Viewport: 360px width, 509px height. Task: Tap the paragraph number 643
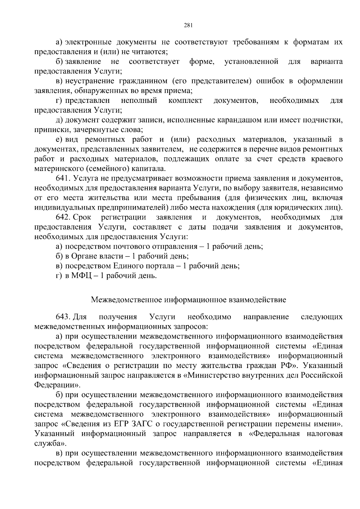[63, 317]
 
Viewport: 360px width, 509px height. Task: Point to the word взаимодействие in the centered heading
[258, 300]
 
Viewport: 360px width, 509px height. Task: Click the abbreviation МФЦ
[81, 276]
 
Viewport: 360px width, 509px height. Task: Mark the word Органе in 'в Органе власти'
[84, 256]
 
